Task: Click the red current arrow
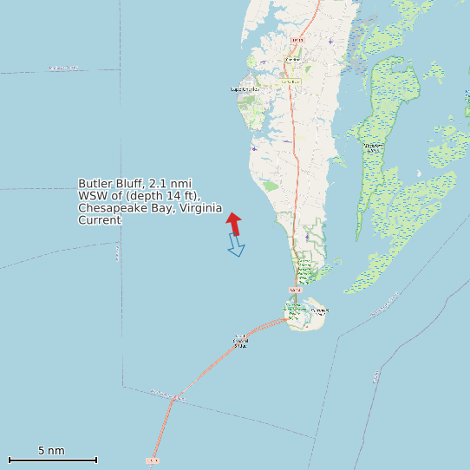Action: tap(234, 224)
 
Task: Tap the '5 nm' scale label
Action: tap(51, 451)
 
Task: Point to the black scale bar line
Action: tap(52, 460)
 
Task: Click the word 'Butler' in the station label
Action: tap(94, 184)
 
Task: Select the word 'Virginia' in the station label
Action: tap(200, 208)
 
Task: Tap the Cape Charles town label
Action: tap(245, 89)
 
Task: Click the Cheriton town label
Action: tap(290, 82)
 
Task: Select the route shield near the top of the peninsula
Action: tap(297, 40)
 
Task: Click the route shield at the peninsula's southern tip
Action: tap(295, 290)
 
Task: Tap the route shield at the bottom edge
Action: tap(153, 460)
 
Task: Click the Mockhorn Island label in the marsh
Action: tap(372, 147)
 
